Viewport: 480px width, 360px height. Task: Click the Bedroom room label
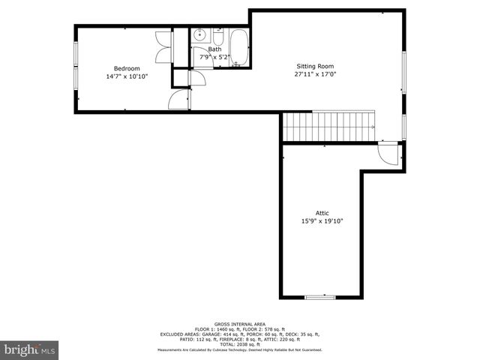[127, 68]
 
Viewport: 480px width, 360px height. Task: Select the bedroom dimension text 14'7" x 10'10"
[127, 76]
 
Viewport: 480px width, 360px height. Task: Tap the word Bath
[214, 49]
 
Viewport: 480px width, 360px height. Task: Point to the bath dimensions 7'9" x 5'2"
[214, 58]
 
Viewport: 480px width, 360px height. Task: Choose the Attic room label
[322, 213]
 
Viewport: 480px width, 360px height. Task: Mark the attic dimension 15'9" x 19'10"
[322, 221]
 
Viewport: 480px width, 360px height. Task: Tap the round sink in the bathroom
[200, 35]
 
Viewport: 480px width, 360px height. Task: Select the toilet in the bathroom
[217, 36]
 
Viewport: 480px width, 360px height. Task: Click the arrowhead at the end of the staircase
[373, 127]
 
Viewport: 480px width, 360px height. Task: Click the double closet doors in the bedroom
[163, 47]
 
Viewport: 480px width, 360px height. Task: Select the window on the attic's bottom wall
[320, 298]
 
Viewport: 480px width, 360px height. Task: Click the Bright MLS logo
[29, 349]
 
